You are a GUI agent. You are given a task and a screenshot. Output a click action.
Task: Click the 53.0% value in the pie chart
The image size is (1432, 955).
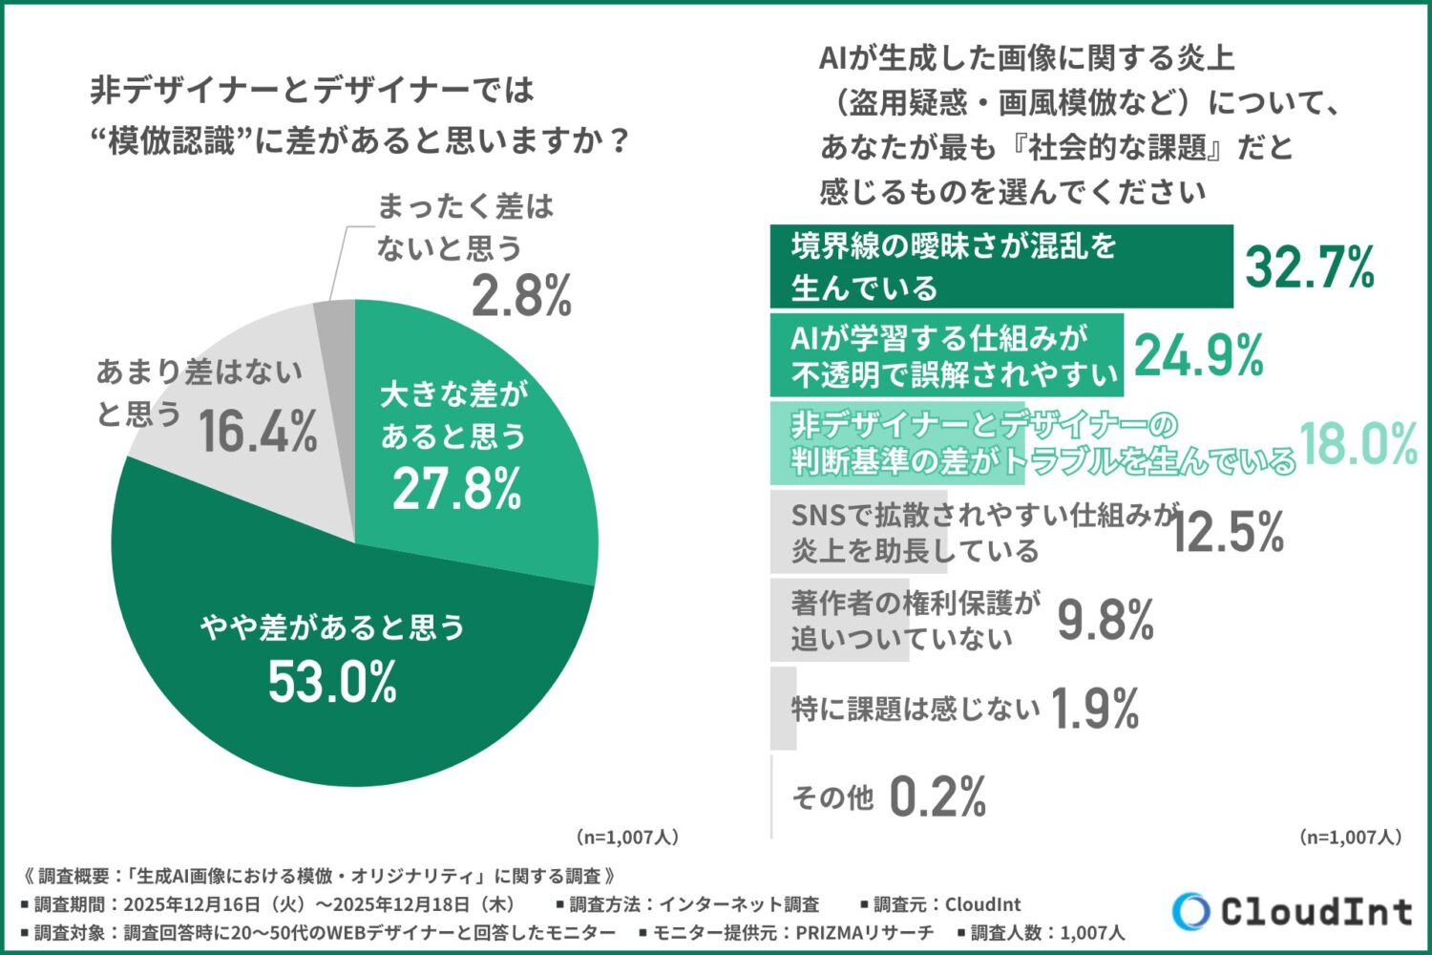point(332,682)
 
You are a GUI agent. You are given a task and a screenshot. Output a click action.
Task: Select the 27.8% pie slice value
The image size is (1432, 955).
point(456,488)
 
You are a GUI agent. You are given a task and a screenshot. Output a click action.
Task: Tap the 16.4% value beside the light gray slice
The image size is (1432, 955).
point(258,432)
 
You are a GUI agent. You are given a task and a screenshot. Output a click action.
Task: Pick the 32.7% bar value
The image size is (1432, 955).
point(1310,266)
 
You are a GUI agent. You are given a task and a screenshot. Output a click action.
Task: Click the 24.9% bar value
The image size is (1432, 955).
point(1199,355)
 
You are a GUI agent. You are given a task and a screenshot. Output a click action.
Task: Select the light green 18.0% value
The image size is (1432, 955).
point(1358,444)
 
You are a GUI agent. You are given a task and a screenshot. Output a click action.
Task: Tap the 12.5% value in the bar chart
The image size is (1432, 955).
point(1228,532)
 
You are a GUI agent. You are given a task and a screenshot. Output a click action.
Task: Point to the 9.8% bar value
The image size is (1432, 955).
point(1106,621)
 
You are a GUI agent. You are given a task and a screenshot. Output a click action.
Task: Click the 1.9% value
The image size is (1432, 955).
point(1095,709)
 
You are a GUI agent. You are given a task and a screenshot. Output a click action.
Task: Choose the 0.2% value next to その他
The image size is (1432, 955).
point(937,796)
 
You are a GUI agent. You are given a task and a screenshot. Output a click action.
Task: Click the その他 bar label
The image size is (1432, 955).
point(832,796)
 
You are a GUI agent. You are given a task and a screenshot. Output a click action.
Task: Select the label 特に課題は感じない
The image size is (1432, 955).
point(915,709)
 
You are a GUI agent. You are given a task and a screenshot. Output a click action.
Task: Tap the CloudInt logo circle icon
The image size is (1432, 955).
point(1190,911)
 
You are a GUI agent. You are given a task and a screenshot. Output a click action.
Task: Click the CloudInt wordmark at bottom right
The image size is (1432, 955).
point(1316,911)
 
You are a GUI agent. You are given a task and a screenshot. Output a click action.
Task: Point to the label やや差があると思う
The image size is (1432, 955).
point(332,627)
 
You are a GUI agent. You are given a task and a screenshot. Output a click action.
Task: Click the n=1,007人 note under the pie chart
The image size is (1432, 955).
point(627,838)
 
